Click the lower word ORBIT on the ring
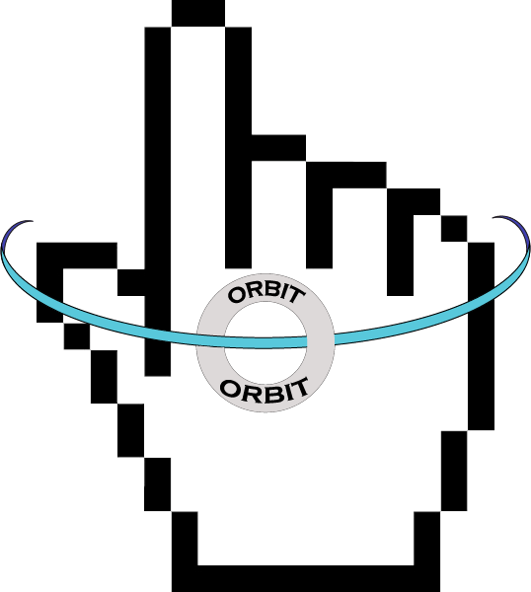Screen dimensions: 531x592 coord(265,391)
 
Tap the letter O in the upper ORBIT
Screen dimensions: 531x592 coord(236,296)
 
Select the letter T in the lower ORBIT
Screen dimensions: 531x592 coord(301,388)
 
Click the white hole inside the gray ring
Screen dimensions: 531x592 coord(265,342)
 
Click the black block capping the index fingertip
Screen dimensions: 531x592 coord(198,14)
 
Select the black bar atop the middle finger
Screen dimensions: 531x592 coord(278,148)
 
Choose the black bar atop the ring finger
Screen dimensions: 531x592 coord(346,176)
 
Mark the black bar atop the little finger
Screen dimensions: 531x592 coord(414,202)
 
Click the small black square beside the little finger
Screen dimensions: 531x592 coord(454,229)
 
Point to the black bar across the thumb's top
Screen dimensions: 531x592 coord(77,256)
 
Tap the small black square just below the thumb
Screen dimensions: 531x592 coord(77,336)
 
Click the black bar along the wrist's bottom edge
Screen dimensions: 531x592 coord(306,578)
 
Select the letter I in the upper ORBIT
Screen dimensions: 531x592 coord(285,294)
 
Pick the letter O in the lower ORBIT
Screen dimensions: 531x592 coord(229,389)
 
